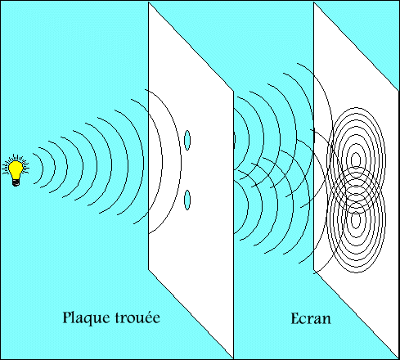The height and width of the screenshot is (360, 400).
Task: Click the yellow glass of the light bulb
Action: click(15, 168)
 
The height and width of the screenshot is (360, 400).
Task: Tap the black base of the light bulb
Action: click(15, 182)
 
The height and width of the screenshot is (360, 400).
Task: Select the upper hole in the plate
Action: click(187, 140)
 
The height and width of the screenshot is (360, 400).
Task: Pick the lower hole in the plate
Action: click(187, 199)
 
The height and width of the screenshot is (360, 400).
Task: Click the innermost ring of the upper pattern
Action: click(355, 158)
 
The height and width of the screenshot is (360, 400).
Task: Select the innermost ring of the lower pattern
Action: click(355, 219)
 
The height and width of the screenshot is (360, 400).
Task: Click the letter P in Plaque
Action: click(66, 317)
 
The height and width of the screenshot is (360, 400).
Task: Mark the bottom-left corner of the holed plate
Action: click(148, 268)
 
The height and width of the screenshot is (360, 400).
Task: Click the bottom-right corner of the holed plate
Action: click(234, 355)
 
